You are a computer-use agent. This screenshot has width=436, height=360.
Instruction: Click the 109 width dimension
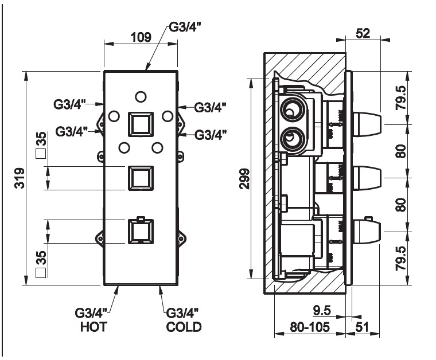point(141,38)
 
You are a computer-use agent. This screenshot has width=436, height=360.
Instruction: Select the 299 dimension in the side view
point(245,179)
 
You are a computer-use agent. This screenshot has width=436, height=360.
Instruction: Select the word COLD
point(184,327)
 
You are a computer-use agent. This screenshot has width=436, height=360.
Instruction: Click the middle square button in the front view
point(140,178)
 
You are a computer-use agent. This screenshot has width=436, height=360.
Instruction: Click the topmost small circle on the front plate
point(140,95)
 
